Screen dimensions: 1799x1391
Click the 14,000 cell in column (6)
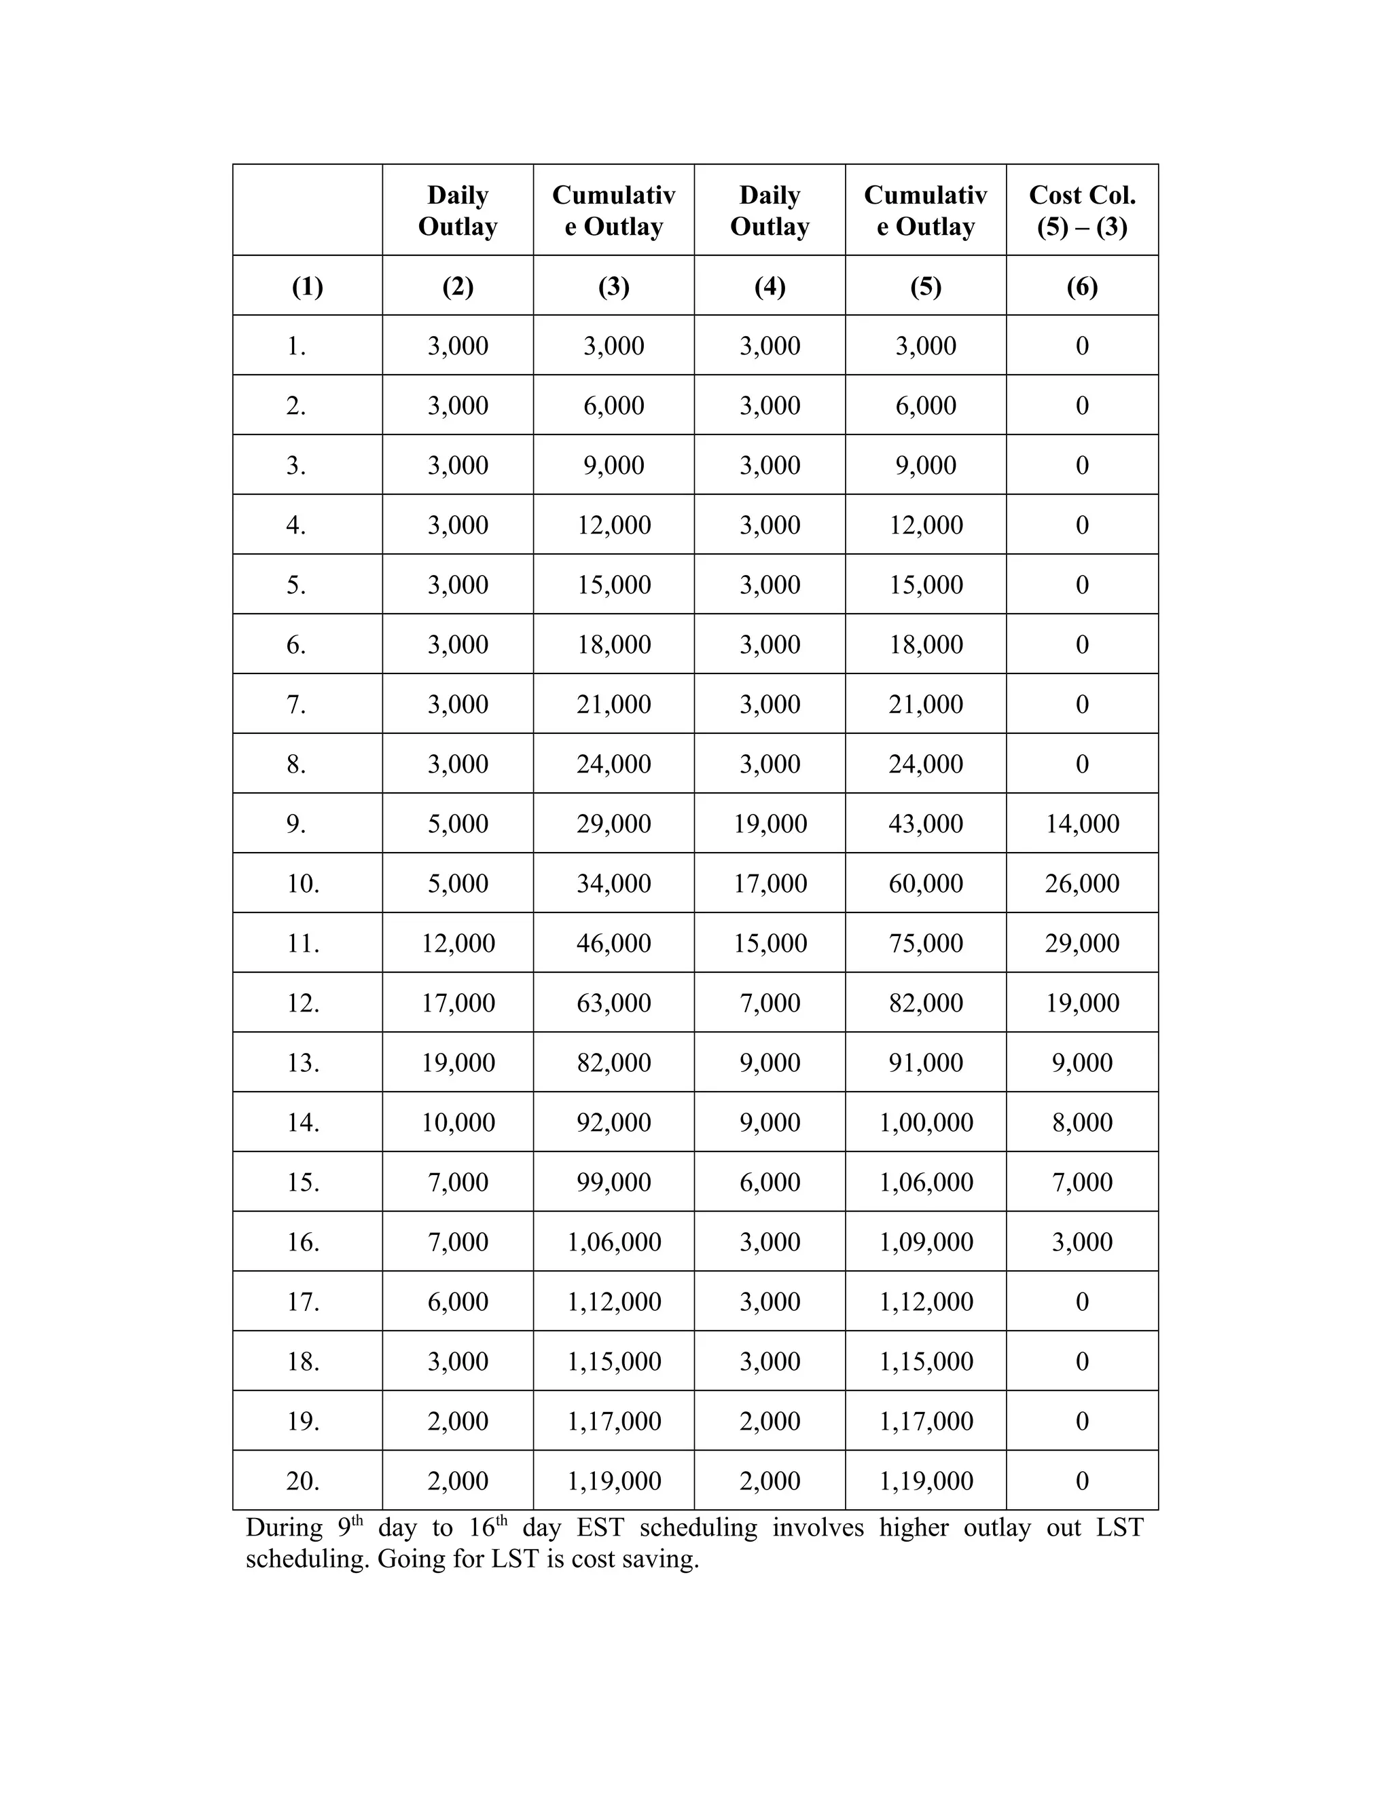point(1082,823)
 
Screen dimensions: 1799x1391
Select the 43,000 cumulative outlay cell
point(926,823)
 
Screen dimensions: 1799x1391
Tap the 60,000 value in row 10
point(926,883)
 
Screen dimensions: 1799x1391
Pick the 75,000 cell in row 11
point(926,942)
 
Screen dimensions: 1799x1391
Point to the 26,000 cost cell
point(1082,883)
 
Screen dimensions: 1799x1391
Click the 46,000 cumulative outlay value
point(613,942)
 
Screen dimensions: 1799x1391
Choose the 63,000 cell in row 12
point(613,1003)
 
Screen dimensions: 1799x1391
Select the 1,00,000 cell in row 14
point(926,1122)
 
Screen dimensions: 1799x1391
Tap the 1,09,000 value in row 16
point(926,1242)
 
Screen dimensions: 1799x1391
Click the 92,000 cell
point(613,1122)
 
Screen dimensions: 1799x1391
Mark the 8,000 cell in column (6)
point(1082,1122)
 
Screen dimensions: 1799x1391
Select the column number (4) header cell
point(770,286)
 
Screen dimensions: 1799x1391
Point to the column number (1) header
point(308,286)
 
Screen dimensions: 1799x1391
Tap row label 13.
point(302,1062)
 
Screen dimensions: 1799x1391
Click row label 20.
point(302,1480)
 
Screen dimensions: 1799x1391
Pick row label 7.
point(296,704)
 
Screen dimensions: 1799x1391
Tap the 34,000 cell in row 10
point(613,883)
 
